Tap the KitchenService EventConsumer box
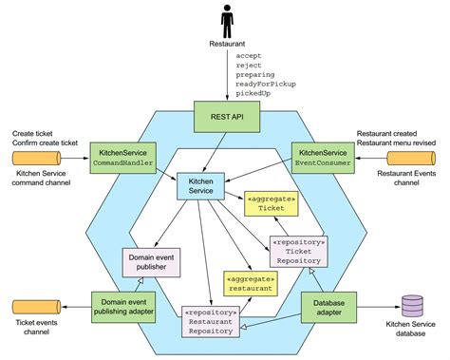[324, 157]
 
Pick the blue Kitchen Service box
[202, 184]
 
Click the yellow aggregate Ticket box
[271, 207]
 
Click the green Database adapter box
[326, 306]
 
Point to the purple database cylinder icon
[412, 306]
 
